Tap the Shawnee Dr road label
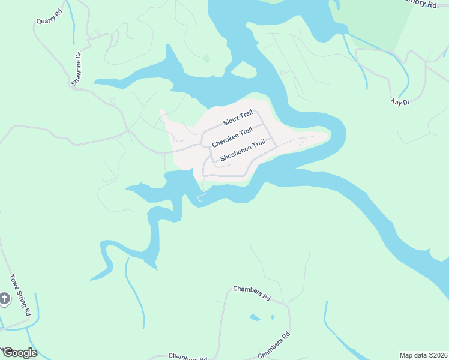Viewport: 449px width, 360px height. [x=77, y=70]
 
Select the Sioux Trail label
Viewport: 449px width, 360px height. [x=238, y=118]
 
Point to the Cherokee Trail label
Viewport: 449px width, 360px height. [x=232, y=138]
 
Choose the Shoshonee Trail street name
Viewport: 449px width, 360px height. [x=243, y=151]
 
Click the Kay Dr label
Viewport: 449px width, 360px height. [x=400, y=103]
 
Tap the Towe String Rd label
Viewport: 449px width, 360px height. [x=20, y=295]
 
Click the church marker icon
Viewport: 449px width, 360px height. [x=4, y=299]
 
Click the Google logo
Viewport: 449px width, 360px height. [x=19, y=353]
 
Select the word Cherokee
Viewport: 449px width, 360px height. [x=224, y=141]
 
